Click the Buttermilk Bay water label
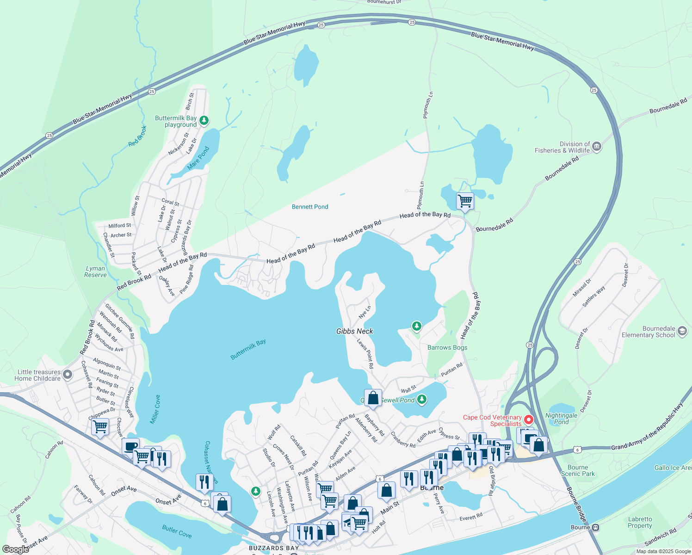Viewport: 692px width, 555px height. click(x=248, y=349)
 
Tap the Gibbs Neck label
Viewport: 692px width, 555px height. click(x=354, y=331)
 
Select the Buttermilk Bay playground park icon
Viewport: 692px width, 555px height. click(x=204, y=121)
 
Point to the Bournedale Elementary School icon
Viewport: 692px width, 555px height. click(x=682, y=331)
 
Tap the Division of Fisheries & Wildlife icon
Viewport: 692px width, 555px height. click(x=596, y=147)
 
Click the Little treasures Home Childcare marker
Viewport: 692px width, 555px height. click(x=68, y=375)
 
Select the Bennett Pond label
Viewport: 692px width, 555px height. click(x=310, y=207)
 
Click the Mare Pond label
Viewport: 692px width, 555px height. click(x=198, y=158)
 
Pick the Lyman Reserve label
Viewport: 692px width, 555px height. click(x=95, y=271)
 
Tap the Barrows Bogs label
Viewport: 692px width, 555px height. click(x=447, y=347)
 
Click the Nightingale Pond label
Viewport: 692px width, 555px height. click(x=561, y=419)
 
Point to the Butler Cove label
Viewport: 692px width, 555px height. click(x=177, y=531)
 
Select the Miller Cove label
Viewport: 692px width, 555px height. click(x=155, y=409)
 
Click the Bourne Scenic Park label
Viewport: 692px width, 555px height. click(x=578, y=470)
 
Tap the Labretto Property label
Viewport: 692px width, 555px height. click(x=640, y=522)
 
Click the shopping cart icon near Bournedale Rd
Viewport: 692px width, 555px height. click(x=465, y=202)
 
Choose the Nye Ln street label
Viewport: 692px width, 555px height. click(x=365, y=312)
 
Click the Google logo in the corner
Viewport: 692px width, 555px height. click(x=16, y=549)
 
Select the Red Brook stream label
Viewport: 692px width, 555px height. click(x=137, y=136)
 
